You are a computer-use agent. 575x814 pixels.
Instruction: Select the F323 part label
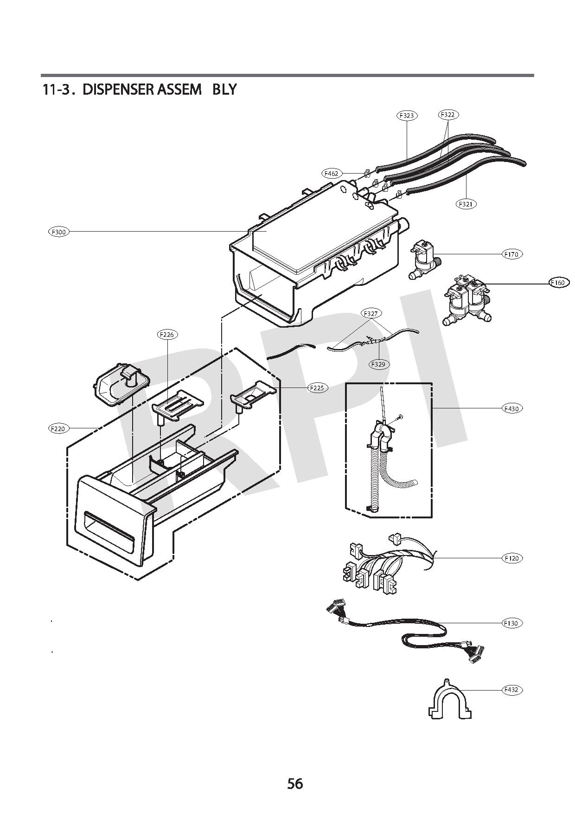(407, 116)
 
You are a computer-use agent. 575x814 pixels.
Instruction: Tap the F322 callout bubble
(448, 114)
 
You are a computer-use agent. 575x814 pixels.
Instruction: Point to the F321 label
(466, 204)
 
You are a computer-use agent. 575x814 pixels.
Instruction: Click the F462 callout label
(332, 173)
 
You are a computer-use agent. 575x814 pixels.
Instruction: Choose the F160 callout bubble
(559, 283)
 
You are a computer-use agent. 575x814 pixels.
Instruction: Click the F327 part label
(371, 314)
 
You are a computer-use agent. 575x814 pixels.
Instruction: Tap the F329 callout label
(378, 364)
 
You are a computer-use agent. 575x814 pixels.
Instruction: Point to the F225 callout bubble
(318, 388)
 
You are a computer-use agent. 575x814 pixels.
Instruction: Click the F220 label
(58, 429)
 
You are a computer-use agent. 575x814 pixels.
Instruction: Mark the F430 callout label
(512, 408)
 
